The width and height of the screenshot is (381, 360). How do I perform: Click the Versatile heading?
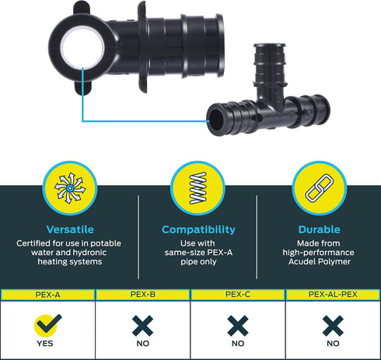pyautogui.click(x=70, y=229)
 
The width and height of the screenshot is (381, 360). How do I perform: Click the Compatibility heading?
pyautogui.click(x=198, y=230)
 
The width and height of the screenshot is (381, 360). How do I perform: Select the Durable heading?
pyautogui.click(x=319, y=229)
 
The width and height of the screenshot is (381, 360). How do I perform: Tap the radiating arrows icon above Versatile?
pyautogui.click(x=70, y=188)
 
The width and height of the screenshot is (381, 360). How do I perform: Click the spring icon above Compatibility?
pyautogui.click(x=197, y=188)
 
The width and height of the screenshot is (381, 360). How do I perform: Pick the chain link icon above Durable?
pyautogui.click(x=320, y=188)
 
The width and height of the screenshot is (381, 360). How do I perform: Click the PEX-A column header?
pyautogui.click(x=47, y=295)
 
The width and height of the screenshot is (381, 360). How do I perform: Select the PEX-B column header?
pyautogui.click(x=143, y=295)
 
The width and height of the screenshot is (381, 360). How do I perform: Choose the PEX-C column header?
pyautogui.click(x=238, y=295)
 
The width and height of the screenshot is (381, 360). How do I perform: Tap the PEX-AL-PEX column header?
pyautogui.click(x=333, y=295)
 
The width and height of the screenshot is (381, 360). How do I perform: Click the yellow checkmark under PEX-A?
pyautogui.click(x=47, y=324)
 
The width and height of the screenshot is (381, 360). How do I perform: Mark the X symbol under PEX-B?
pyautogui.click(x=142, y=326)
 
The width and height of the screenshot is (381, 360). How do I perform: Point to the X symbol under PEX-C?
pyautogui.click(x=238, y=326)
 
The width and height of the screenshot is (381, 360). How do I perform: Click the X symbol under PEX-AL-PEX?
pyautogui.click(x=333, y=326)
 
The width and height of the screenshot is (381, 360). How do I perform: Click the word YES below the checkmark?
pyautogui.click(x=45, y=344)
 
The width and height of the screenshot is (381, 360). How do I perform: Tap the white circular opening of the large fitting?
pyautogui.click(x=82, y=48)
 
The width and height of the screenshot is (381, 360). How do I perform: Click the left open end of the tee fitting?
pyautogui.click(x=217, y=120)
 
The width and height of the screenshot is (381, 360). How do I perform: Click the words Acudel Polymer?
pyautogui.click(x=320, y=262)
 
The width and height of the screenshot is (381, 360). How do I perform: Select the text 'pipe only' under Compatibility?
pyautogui.click(x=198, y=262)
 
